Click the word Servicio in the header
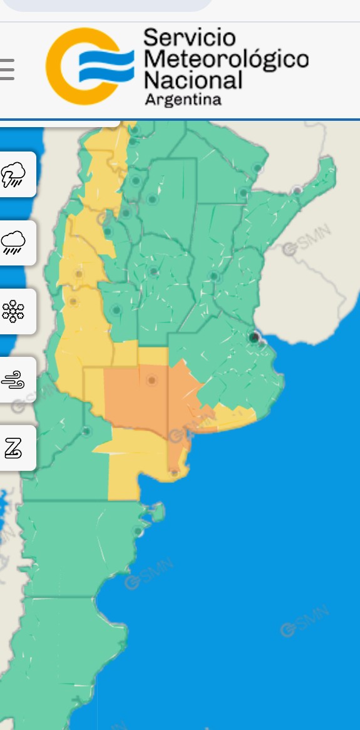(190, 38)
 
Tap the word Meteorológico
(226, 59)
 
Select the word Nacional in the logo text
(193, 80)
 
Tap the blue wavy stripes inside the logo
(106, 66)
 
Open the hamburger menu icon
(6, 69)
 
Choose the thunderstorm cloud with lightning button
(14, 174)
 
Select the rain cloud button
(14, 242)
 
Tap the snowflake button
(14, 311)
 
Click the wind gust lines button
(14, 379)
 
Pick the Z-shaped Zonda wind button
(14, 448)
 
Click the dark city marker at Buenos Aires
(254, 338)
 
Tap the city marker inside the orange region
(152, 380)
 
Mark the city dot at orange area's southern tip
(174, 472)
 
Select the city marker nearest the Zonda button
(86, 431)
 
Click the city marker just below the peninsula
(138, 532)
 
